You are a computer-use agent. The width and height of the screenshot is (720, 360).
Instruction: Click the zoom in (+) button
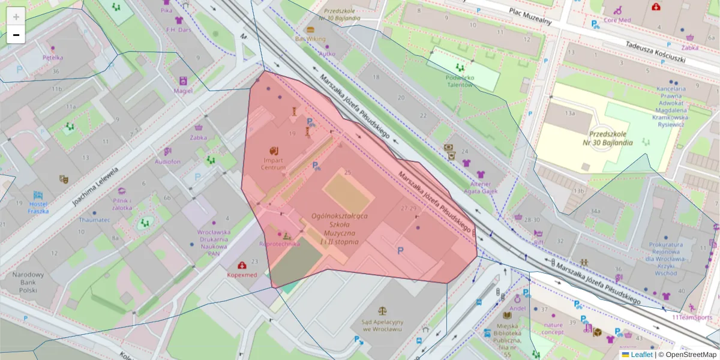[x=16, y=16]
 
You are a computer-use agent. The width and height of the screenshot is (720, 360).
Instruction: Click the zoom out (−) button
[x=16, y=35]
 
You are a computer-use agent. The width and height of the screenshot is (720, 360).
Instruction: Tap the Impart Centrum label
[x=273, y=163]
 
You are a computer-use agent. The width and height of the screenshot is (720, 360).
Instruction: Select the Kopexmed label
[x=241, y=274]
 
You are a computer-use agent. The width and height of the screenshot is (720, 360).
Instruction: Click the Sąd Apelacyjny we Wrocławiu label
[x=382, y=325]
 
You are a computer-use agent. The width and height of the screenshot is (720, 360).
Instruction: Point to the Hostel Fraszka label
[x=38, y=208]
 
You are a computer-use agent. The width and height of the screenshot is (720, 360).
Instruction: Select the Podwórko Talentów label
[x=460, y=81]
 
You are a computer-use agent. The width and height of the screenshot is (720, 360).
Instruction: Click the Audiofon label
[x=167, y=161]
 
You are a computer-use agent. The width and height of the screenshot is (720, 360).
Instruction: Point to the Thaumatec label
[x=94, y=220]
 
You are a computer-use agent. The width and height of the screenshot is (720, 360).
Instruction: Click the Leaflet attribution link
[x=641, y=355]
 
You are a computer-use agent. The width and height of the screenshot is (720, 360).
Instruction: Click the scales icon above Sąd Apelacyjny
[x=382, y=310]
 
